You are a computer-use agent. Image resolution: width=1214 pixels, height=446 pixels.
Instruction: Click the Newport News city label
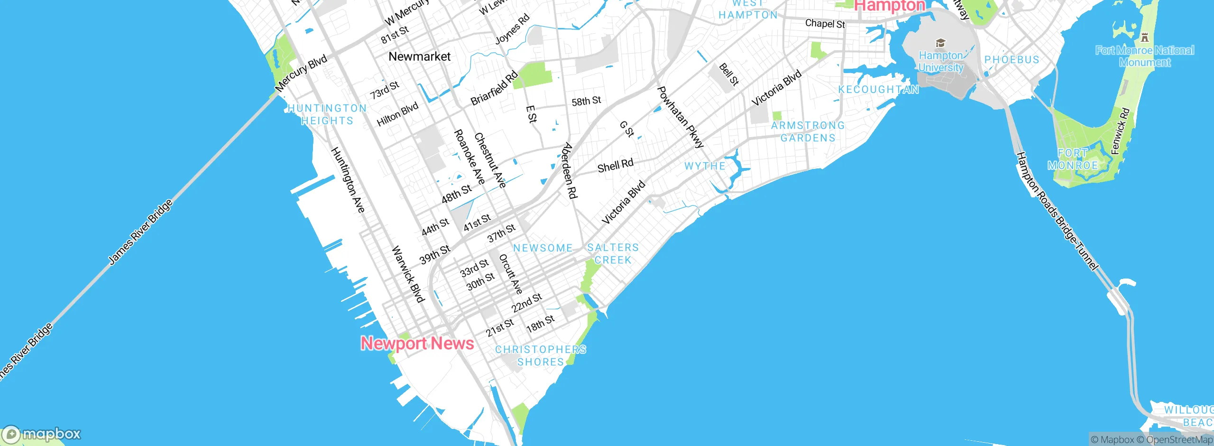(x=417, y=343)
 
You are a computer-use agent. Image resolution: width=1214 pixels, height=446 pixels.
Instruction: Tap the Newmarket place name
(x=419, y=56)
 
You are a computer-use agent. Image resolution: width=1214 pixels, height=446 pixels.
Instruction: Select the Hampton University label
(x=941, y=62)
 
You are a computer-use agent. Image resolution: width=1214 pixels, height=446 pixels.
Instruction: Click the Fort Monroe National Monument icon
(x=1145, y=37)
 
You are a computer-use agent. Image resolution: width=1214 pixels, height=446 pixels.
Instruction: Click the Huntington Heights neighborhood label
(x=327, y=114)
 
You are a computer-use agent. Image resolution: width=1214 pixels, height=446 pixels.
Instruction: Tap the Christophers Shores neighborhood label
(x=541, y=355)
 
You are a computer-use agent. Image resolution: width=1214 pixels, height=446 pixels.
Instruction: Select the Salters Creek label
(x=613, y=254)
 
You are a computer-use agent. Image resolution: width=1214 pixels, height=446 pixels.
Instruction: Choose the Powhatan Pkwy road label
(x=680, y=117)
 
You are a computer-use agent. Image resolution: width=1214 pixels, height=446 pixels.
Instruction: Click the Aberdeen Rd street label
(x=569, y=170)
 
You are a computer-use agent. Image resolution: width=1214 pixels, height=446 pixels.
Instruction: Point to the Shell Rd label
(x=615, y=166)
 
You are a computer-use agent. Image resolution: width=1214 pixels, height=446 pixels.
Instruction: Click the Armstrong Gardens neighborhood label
(x=808, y=131)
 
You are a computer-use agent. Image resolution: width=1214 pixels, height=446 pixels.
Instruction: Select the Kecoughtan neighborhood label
(x=878, y=90)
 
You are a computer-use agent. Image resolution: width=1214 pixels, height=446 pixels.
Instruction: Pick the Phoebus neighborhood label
(x=1012, y=60)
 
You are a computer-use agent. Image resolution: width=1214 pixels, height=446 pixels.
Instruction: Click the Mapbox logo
(x=42, y=434)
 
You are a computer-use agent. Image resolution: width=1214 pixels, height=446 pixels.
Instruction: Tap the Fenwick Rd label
(x=1121, y=131)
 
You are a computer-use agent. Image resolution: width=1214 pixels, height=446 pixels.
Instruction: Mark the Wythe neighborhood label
(x=705, y=166)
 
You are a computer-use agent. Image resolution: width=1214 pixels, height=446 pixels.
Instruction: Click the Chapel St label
(x=825, y=23)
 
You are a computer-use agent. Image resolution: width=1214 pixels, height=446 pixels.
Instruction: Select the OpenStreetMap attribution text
(x=1179, y=440)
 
